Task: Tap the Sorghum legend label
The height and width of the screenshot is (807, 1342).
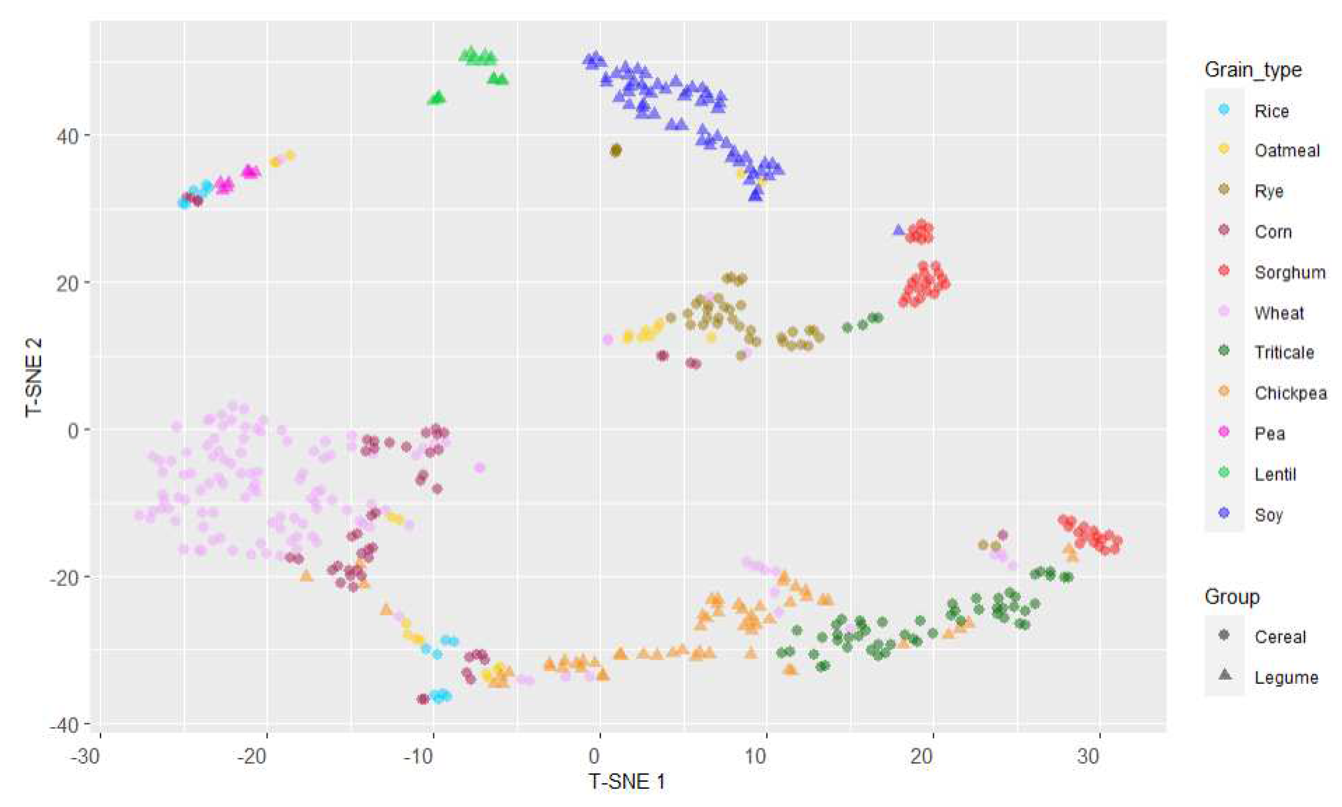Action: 1289,272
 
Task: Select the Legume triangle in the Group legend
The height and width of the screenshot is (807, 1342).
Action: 1224,675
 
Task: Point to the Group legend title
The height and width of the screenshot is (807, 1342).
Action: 1231,597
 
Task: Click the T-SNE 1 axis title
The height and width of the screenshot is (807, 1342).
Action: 627,782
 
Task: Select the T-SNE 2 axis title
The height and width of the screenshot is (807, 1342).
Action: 34,377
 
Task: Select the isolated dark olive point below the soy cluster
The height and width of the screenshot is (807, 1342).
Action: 616,150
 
